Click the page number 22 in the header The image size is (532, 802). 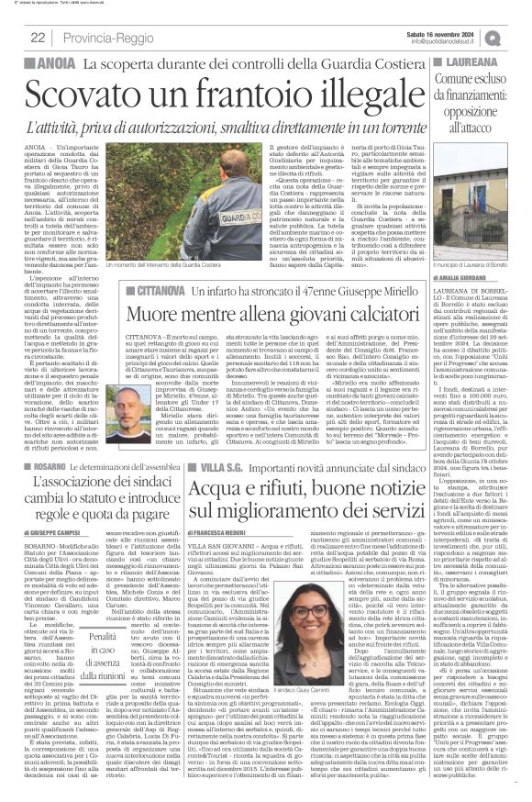tap(38, 37)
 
